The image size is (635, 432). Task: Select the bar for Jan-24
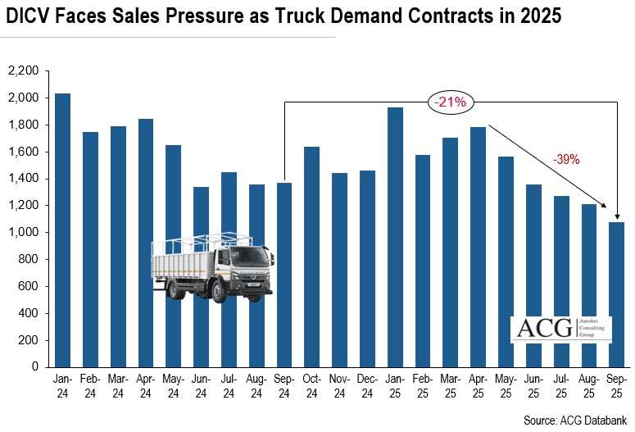[x=62, y=230]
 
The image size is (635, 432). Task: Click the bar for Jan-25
[x=395, y=237]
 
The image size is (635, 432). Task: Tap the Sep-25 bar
[x=616, y=294]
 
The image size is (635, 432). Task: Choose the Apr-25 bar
[x=478, y=247]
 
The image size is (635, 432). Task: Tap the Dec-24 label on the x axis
[x=367, y=388]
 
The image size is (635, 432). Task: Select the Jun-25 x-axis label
[x=533, y=388]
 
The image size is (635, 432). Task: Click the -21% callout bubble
[x=450, y=102]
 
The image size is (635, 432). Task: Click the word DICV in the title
[x=29, y=16]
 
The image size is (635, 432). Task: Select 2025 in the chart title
[x=539, y=16]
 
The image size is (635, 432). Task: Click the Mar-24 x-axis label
[x=118, y=388]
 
